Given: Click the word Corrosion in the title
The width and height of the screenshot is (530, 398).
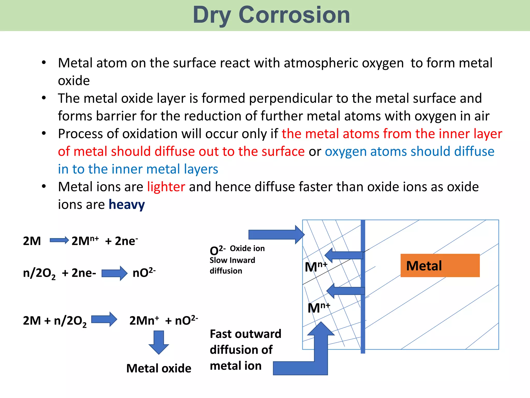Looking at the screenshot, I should [294, 15].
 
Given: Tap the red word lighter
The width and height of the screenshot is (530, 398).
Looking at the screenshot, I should [166, 187].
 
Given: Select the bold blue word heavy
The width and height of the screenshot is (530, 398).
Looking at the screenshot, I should [127, 204].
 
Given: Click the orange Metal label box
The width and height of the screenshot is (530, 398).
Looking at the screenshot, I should [440, 266].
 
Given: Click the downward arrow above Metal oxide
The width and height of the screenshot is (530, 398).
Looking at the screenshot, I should [159, 342].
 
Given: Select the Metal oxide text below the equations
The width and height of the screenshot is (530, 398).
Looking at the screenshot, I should [159, 368].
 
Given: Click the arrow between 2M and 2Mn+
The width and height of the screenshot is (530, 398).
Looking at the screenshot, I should [59, 240].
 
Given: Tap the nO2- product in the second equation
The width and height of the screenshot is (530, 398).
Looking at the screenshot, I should [144, 273].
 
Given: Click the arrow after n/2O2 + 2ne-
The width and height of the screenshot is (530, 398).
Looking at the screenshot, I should [114, 273].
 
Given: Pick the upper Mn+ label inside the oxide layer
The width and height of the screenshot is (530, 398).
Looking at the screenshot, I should [316, 267].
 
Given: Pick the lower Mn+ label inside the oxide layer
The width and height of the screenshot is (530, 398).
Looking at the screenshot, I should [319, 308].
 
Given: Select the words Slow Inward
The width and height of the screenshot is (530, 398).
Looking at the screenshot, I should [232, 260].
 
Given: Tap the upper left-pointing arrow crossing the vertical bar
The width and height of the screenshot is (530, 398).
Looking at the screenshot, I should [344, 255].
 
